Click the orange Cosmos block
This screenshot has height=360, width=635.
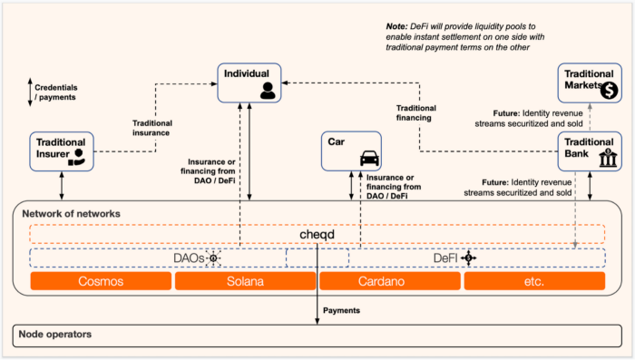pos(101,281)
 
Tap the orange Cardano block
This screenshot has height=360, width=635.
pos(389,281)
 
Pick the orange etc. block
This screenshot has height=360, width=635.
pos(534,281)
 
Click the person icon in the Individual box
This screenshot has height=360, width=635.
pos(267,90)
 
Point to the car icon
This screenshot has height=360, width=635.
pos(369,158)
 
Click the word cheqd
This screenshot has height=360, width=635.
pos(317,234)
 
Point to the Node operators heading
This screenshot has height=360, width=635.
pos(56,334)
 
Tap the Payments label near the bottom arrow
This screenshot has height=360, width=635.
pos(341,310)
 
